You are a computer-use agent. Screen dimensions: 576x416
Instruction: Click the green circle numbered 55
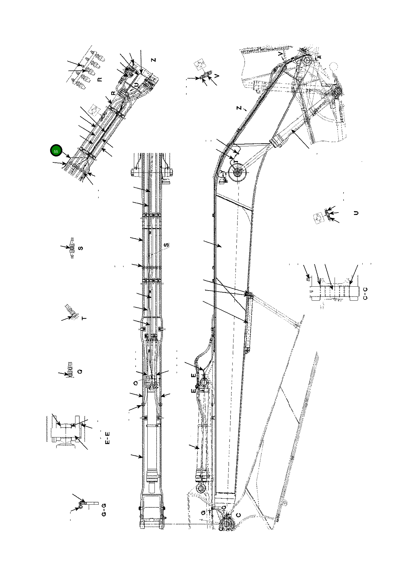click(x=56, y=151)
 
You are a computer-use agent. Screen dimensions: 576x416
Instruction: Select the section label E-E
click(x=108, y=438)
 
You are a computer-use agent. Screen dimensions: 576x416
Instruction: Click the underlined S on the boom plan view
click(x=166, y=245)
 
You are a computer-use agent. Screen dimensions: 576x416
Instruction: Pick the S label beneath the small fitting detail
click(x=80, y=248)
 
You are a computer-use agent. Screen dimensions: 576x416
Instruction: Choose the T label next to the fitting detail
click(x=84, y=318)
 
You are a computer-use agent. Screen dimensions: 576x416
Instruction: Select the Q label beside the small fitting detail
click(x=80, y=372)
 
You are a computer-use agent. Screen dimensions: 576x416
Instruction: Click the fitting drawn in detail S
click(x=72, y=248)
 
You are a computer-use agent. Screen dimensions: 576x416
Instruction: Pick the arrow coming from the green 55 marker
click(x=66, y=154)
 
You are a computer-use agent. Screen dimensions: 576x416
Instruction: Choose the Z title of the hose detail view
click(x=154, y=60)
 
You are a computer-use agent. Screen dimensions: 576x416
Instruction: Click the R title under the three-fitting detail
click(x=100, y=79)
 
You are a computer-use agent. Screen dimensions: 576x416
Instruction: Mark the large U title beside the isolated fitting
click(x=356, y=213)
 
